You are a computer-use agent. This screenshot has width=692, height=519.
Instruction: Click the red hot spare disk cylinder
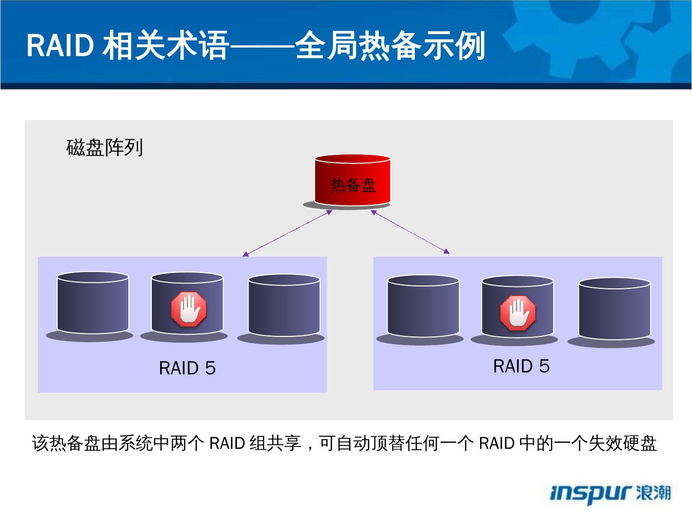pos(352,180)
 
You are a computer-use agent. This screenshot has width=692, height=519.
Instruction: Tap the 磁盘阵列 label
pos(105,148)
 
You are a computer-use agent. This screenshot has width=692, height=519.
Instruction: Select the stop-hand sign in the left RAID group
pos(188,309)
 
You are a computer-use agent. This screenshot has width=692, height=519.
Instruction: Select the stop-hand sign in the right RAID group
pos(518,313)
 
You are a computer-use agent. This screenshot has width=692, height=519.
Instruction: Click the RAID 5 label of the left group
pos(187,368)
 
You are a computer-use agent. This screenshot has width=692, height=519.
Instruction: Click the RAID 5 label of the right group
pos(521,366)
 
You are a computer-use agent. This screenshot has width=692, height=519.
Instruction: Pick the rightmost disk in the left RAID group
pos(284,306)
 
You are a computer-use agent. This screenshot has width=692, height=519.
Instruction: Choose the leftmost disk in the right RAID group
pos(423,307)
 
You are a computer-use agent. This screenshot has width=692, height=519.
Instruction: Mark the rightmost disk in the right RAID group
pos(614,310)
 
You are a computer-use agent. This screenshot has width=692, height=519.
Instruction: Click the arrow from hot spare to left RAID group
pos(287,233)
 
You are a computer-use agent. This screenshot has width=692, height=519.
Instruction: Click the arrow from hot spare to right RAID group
pos(410,232)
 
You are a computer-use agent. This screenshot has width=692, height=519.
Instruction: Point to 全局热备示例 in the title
pos(390,46)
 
